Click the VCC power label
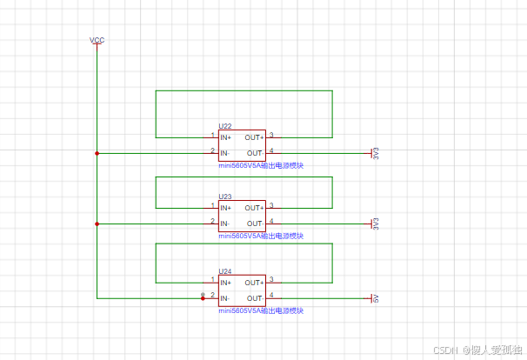point(97,40)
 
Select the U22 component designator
point(225,126)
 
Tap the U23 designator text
point(225,197)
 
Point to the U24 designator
point(225,271)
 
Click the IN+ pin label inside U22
point(226,137)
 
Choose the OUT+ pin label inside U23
point(254,209)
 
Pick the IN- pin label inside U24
point(225,298)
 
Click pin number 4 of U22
point(272,150)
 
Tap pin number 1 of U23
point(212,206)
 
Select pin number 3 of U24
point(272,280)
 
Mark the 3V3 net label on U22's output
point(376,153)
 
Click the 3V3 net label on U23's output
point(376,223)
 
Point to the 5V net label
point(376,298)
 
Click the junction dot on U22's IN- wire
point(97,153)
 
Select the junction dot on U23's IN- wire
point(97,223)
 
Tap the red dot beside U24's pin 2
point(203,297)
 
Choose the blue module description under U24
point(261,310)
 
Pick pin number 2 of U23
point(212,221)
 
